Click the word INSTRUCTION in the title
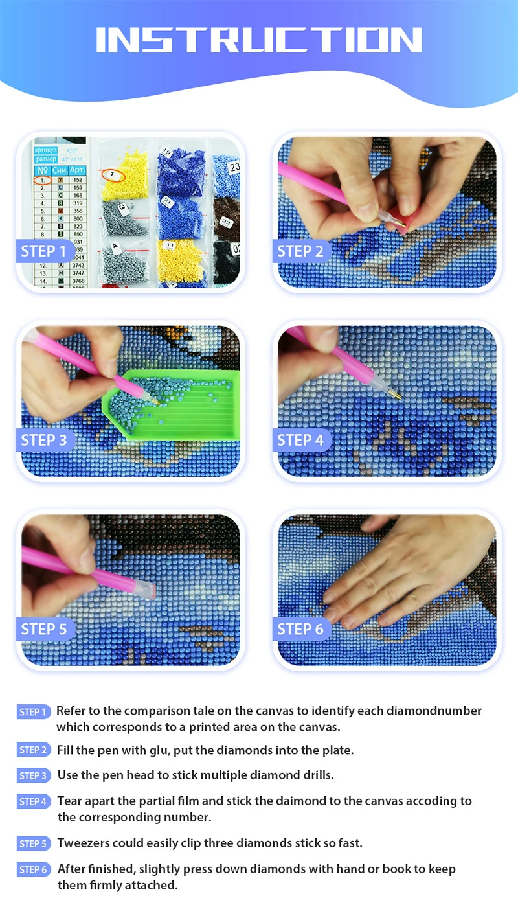pos(259,40)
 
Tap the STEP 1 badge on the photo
pos(43,251)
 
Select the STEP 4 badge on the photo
pos(300,441)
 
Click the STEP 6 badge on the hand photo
pos(300,629)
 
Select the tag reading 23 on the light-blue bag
pos(234,167)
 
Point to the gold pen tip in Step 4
pos(395,393)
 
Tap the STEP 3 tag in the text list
pos(34,775)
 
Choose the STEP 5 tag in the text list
pos(34,843)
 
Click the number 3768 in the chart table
pos(78,281)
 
